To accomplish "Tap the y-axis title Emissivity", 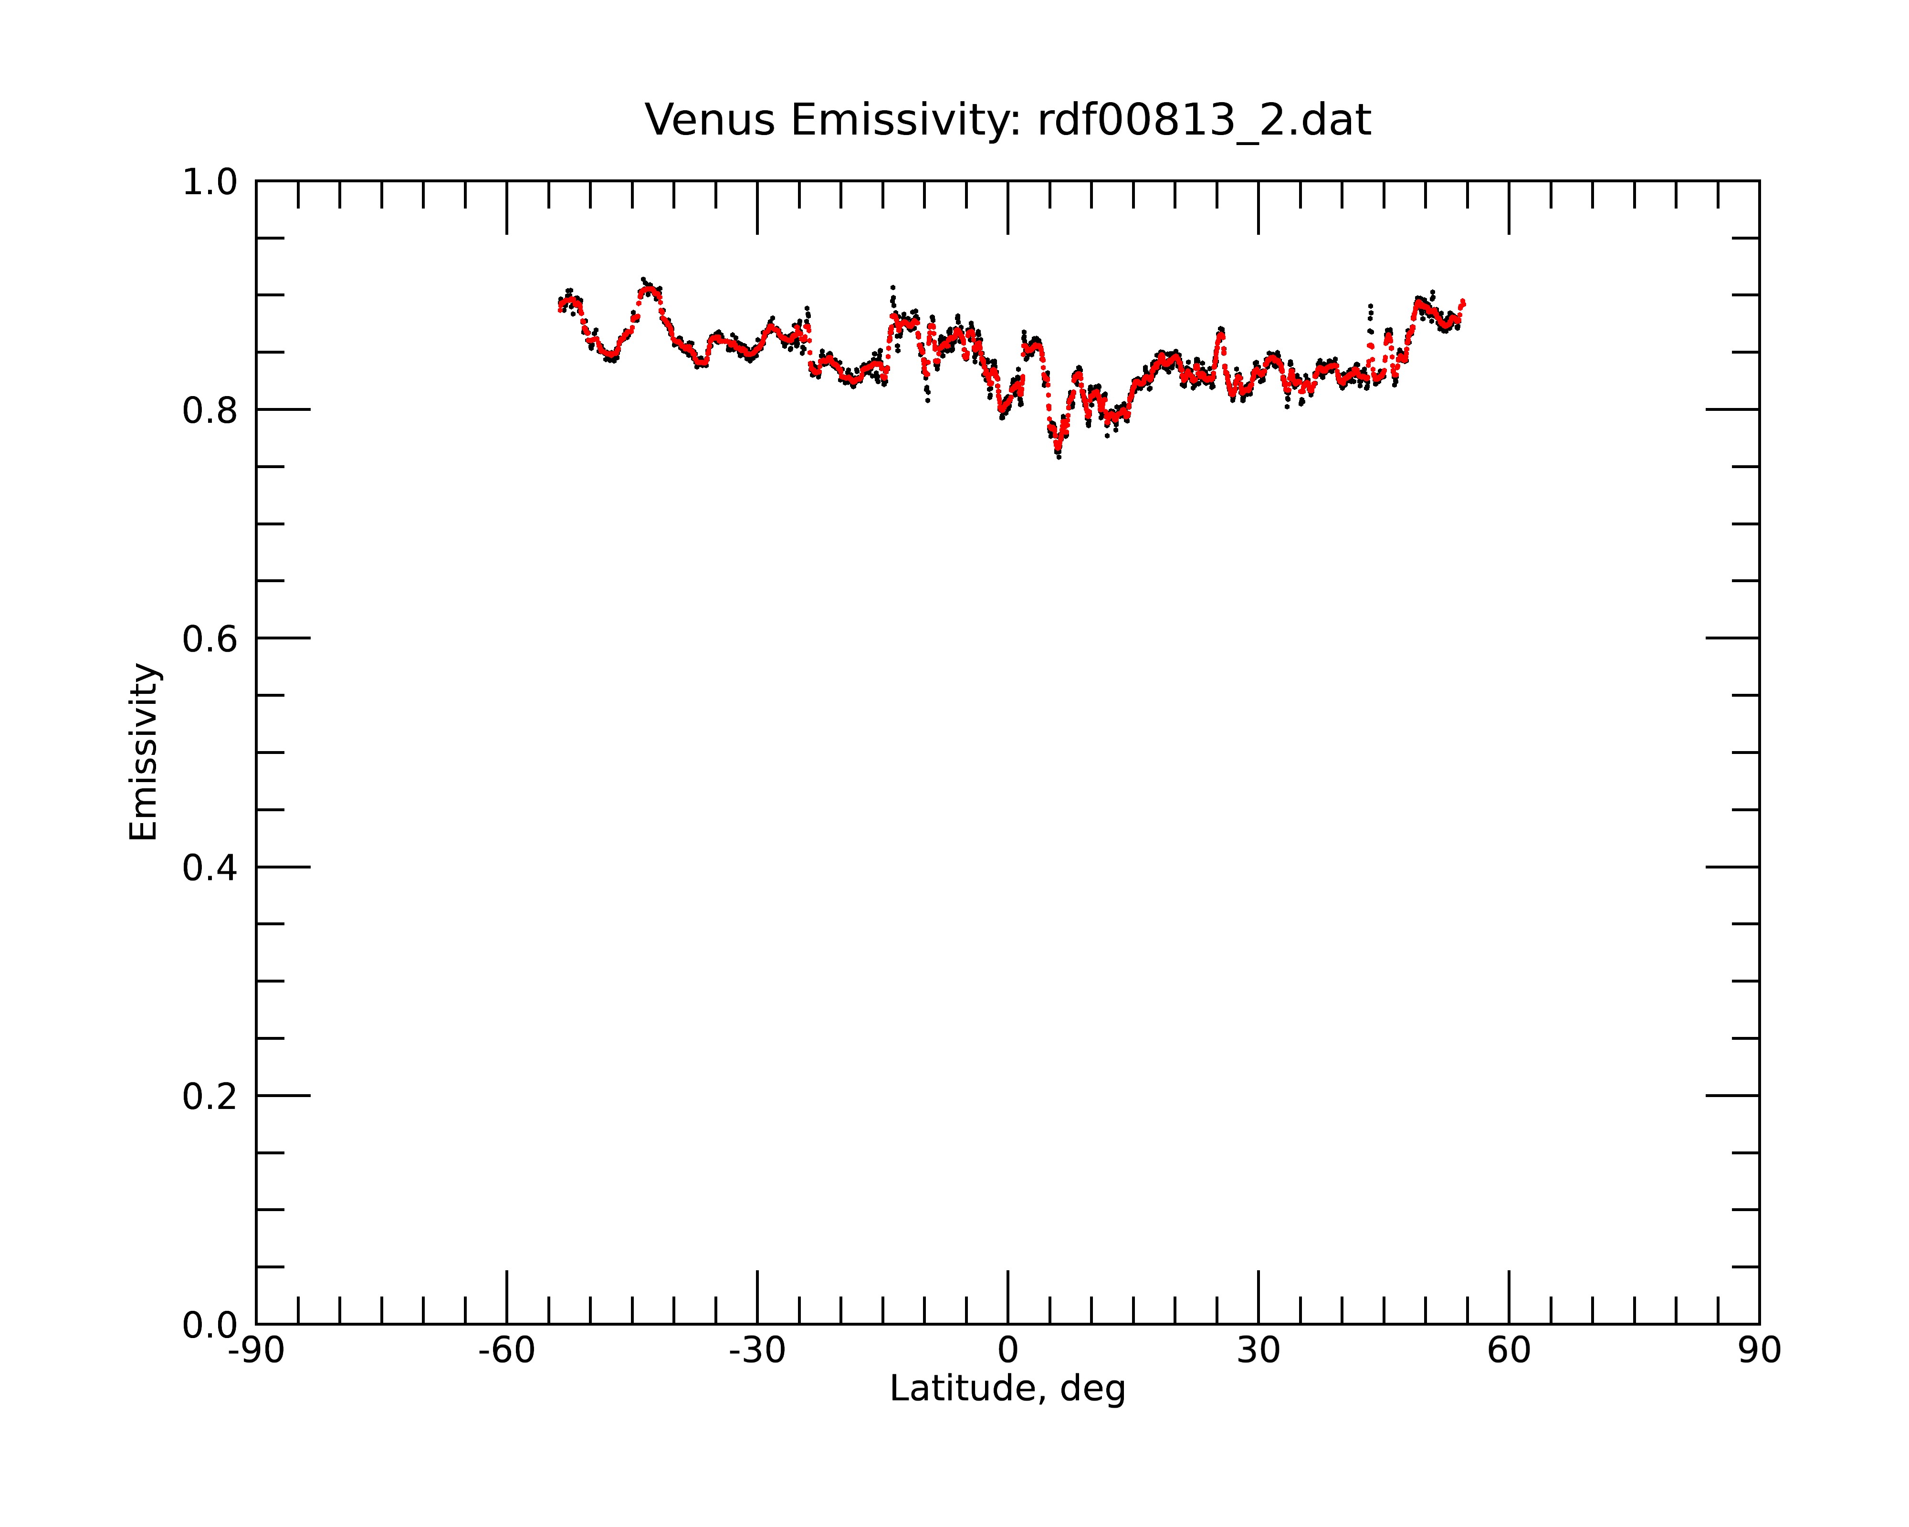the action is pyautogui.click(x=144, y=752).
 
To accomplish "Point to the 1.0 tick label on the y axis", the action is pyautogui.click(x=210, y=182).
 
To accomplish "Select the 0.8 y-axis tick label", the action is pyautogui.click(x=210, y=411).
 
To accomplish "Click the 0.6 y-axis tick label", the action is pyautogui.click(x=210, y=639).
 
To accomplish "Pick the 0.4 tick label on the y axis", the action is pyautogui.click(x=210, y=868).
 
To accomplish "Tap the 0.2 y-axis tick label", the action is pyautogui.click(x=210, y=1097).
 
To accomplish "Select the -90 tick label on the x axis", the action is pyautogui.click(x=256, y=1351).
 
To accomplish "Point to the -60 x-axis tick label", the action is pyautogui.click(x=506, y=1351).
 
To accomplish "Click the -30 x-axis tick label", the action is pyautogui.click(x=757, y=1351).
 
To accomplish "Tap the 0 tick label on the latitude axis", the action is pyautogui.click(x=1007, y=1351).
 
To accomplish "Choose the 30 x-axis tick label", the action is pyautogui.click(x=1258, y=1351).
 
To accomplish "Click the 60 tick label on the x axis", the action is pyautogui.click(x=1509, y=1351).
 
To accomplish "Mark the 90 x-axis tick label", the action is pyautogui.click(x=1759, y=1351).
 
